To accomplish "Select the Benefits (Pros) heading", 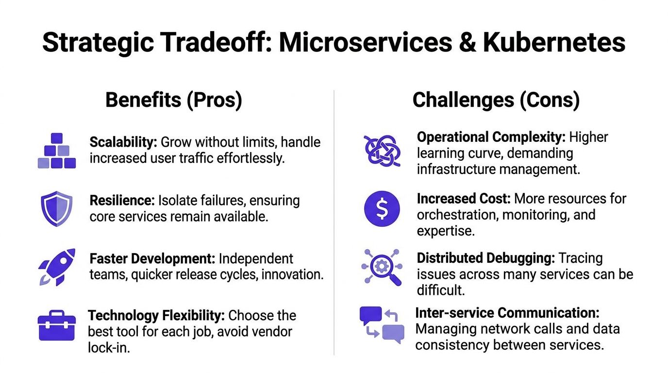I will pos(173,100).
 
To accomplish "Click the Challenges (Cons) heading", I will pos(496,100).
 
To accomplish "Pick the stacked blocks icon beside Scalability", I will pos(57,151).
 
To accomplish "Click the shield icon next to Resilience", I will pos(56,208).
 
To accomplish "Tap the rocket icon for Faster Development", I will pos(57,267).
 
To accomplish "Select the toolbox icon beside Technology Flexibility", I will pos(57,325).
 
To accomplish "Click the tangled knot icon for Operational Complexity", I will pos(382,151).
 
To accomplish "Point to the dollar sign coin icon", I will pos(382,208).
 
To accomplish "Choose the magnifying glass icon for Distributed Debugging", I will pos(382,267).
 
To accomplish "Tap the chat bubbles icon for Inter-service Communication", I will pos(382,324).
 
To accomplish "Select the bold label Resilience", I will pos(122,201).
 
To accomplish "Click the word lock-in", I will pos(109,348).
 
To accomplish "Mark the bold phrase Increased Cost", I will pos(463,199).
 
